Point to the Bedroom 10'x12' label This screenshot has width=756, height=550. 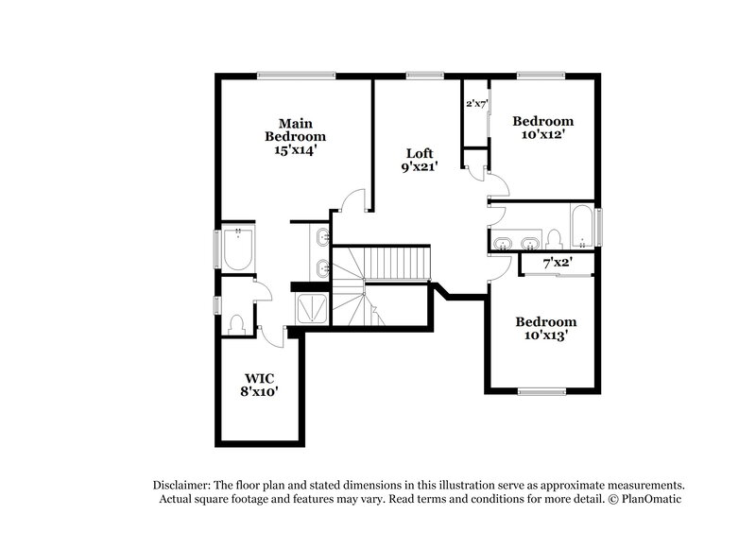[542, 128]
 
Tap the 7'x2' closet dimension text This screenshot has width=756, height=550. [558, 262]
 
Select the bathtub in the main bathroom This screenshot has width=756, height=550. [235, 250]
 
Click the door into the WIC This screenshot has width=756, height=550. [273, 331]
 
